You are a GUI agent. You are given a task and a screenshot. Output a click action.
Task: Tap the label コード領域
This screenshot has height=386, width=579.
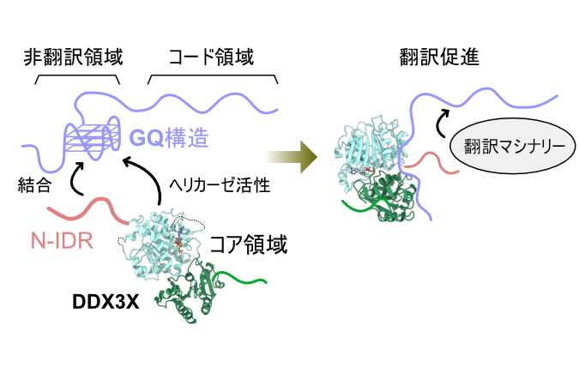(210, 57)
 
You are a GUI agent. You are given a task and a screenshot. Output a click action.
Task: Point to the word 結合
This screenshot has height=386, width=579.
(34, 183)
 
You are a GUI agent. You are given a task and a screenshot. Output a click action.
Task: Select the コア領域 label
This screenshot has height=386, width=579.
(249, 246)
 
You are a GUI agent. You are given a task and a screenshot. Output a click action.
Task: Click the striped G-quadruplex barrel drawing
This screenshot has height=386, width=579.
(91, 136)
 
